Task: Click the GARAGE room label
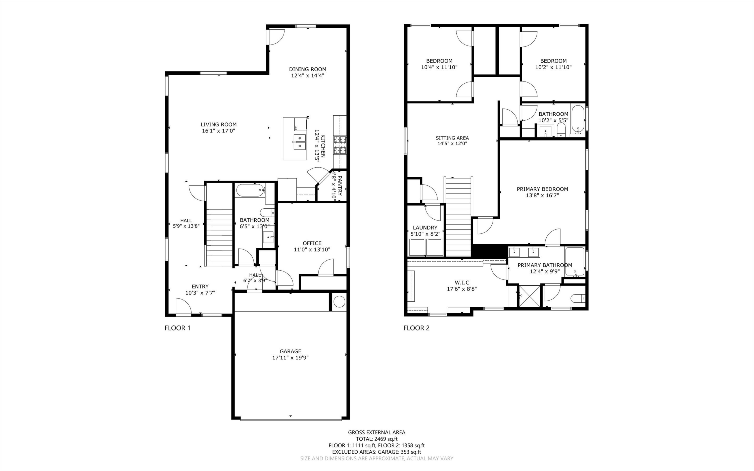click(290, 351)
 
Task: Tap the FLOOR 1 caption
click(177, 328)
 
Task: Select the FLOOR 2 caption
click(416, 328)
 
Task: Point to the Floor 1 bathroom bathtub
click(250, 190)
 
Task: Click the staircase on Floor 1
click(219, 224)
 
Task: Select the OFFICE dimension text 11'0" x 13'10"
click(312, 250)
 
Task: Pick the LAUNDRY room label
click(425, 228)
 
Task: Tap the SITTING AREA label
click(452, 138)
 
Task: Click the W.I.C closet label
click(462, 282)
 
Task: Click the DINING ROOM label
click(307, 69)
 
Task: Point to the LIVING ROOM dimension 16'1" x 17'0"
click(218, 131)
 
